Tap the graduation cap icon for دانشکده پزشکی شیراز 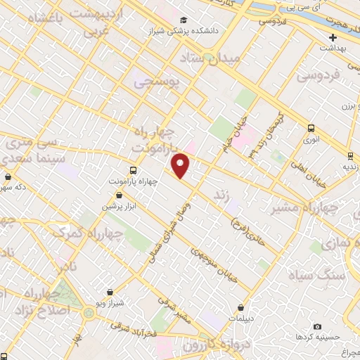pyautogui.click(x=184, y=20)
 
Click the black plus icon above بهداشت pyautogui.click(x=333, y=37)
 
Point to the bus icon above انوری pyautogui.click(x=311, y=128)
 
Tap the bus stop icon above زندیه pyautogui.click(x=349, y=155)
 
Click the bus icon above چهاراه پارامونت pyautogui.click(x=134, y=170)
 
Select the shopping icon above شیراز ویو pyautogui.click(x=110, y=292)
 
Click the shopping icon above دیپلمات pyautogui.click(x=241, y=307)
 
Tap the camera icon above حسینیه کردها pyautogui.click(x=317, y=327)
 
